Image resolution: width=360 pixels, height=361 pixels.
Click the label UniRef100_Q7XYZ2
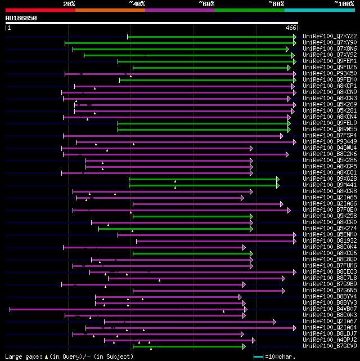coord(328,36)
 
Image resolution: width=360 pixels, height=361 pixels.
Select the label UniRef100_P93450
coord(328,73)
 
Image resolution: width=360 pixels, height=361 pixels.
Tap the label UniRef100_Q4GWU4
coord(328,148)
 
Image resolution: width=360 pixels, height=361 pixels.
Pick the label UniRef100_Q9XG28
coord(328,179)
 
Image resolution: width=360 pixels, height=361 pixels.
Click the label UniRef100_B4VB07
coord(328,309)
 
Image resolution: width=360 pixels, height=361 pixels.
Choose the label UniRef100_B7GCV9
coord(328,346)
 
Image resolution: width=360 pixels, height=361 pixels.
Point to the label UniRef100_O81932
coord(328,240)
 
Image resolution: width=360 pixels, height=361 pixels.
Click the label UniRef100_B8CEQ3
coord(328,271)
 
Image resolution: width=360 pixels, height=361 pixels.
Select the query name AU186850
coord(21,18)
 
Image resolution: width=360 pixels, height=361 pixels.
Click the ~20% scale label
coord(69,4)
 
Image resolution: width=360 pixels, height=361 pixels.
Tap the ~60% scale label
coord(206,4)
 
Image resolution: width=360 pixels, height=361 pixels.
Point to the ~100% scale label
coord(344,4)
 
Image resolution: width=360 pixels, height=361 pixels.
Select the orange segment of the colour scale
coord(110,10)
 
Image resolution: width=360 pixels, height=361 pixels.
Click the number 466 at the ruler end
coord(291,28)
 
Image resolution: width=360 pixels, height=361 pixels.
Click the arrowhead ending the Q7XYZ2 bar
coord(294,37)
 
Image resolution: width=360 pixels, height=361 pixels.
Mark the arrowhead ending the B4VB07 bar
coord(245,309)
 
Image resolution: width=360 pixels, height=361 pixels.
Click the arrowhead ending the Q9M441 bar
coord(277,185)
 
